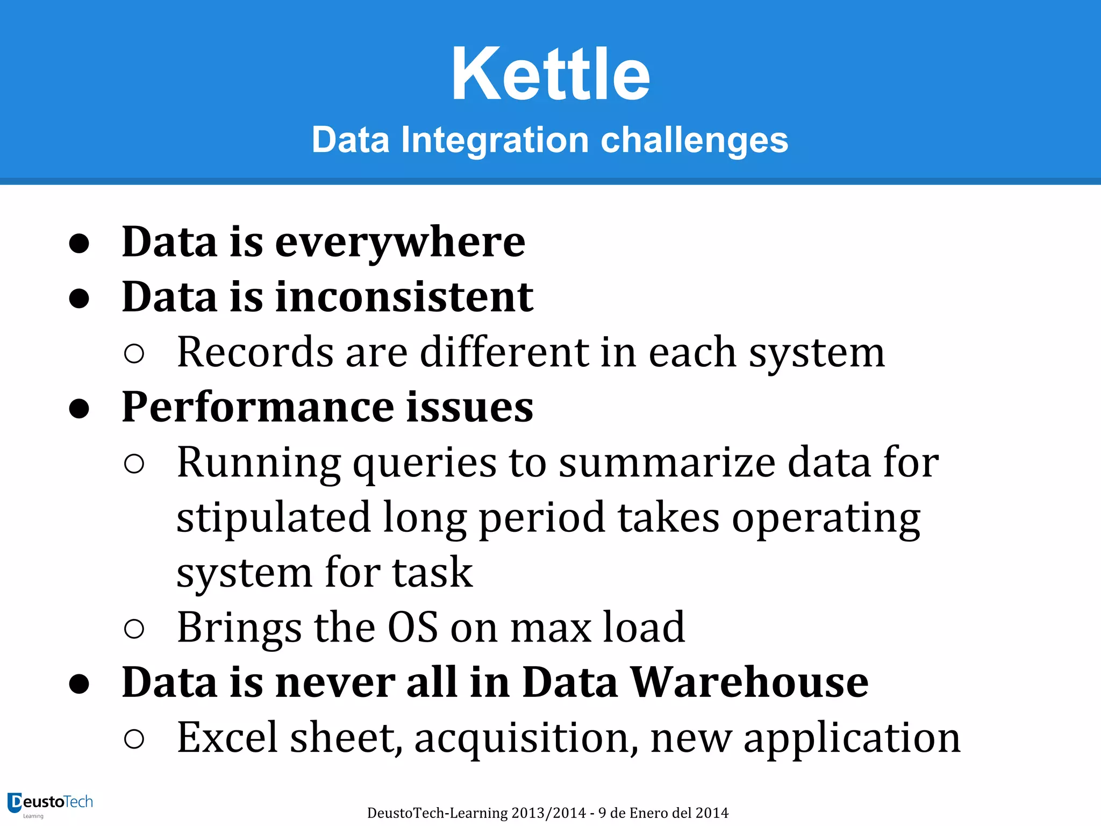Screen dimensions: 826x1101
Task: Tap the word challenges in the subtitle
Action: point(694,140)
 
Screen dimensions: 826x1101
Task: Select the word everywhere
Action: point(400,243)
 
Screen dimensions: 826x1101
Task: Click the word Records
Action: point(255,353)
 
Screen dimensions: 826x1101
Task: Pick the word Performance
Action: point(258,407)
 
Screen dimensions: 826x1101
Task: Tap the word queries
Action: point(425,463)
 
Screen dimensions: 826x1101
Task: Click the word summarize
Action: point(667,463)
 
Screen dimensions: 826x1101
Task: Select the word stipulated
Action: point(274,518)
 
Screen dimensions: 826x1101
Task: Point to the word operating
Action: point(826,518)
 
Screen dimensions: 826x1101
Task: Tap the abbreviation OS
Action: point(413,628)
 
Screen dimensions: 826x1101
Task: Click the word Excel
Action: point(227,738)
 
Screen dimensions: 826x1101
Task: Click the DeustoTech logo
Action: point(51,804)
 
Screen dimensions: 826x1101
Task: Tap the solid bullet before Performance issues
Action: point(79,408)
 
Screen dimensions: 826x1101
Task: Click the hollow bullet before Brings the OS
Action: point(134,629)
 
